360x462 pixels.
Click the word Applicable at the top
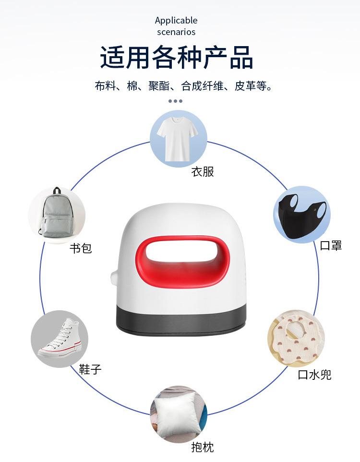pyautogui.click(x=176, y=20)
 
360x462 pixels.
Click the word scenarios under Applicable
pyautogui.click(x=176, y=32)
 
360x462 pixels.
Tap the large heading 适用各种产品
pyautogui.click(x=176, y=58)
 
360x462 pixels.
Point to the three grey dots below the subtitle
pyautogui.click(x=176, y=101)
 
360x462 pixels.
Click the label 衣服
pyautogui.click(x=203, y=171)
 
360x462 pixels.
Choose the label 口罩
pyautogui.click(x=331, y=245)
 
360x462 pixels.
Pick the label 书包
pyautogui.click(x=81, y=248)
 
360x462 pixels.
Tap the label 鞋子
pyautogui.click(x=90, y=369)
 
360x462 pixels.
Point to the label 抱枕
pyautogui.click(x=203, y=447)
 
